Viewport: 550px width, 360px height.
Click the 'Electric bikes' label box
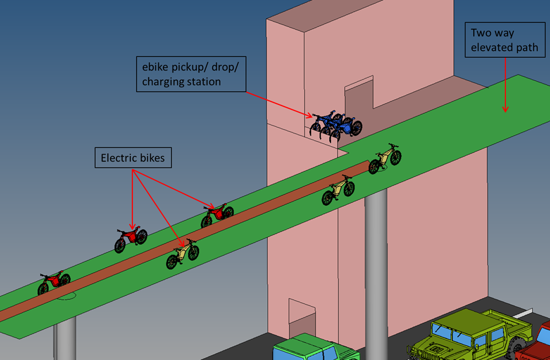coord(133,158)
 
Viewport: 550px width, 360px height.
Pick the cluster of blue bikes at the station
coord(337,124)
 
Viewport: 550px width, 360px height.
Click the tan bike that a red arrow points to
coord(183,253)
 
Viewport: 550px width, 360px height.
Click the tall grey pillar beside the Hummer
coord(376,275)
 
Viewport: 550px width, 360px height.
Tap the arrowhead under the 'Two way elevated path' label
coord(505,108)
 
